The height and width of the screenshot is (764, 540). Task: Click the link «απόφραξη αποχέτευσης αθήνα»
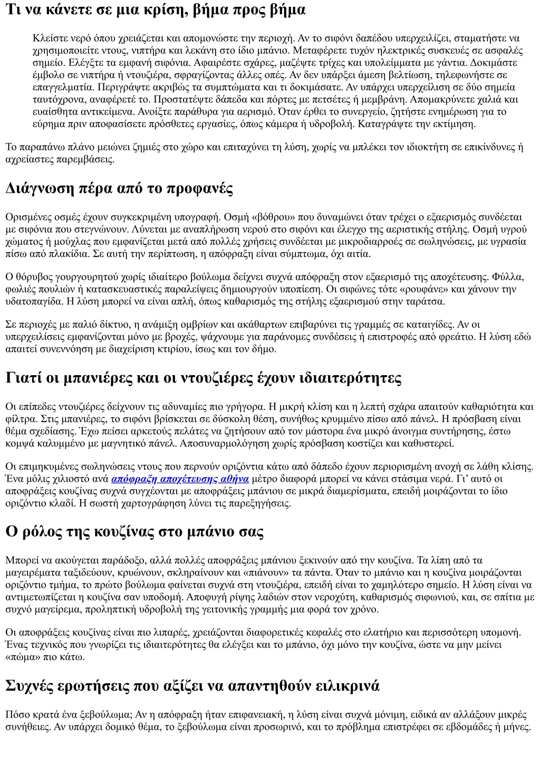tap(180, 479)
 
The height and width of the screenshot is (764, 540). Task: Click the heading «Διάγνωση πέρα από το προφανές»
tap(119, 188)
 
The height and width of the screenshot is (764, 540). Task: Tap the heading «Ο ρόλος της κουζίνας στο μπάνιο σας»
tap(134, 531)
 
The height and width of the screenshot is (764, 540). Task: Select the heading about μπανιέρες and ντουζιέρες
tap(204, 378)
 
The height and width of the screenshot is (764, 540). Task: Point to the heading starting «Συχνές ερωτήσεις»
tap(192, 686)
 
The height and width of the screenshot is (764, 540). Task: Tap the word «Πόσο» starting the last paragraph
tap(16, 714)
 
